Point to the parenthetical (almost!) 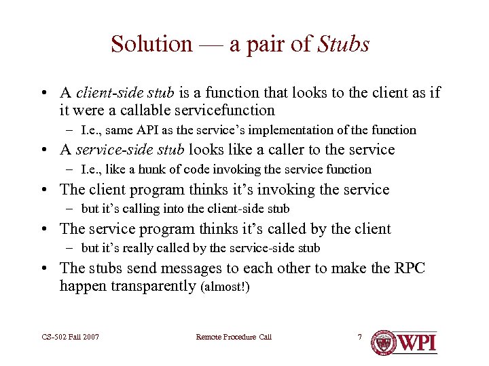(x=225, y=287)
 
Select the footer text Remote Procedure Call (x=233, y=337)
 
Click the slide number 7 (x=360, y=337)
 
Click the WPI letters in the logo (x=416, y=342)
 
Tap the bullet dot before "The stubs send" (x=43, y=268)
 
